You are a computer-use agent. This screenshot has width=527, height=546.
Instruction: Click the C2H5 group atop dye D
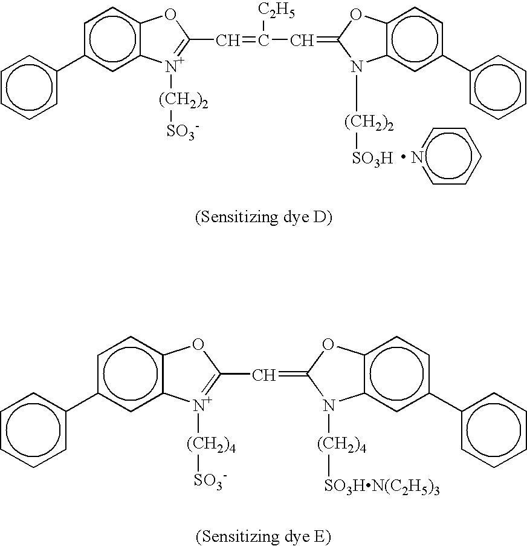(x=275, y=11)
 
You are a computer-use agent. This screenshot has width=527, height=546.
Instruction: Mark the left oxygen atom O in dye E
(x=197, y=346)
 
